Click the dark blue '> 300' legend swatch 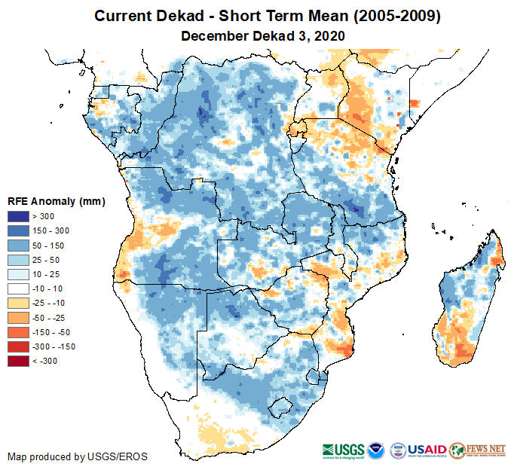pyautogui.click(x=20, y=217)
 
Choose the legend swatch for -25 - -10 pyautogui.click(x=20, y=301)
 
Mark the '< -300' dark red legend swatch pyautogui.click(x=20, y=362)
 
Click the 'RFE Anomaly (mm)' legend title pyautogui.click(x=56, y=201)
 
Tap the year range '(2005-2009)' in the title pyautogui.click(x=393, y=16)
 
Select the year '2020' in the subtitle pyautogui.click(x=329, y=35)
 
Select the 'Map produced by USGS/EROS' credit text pyautogui.click(x=78, y=456)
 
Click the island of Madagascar pyautogui.click(x=467, y=301)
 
